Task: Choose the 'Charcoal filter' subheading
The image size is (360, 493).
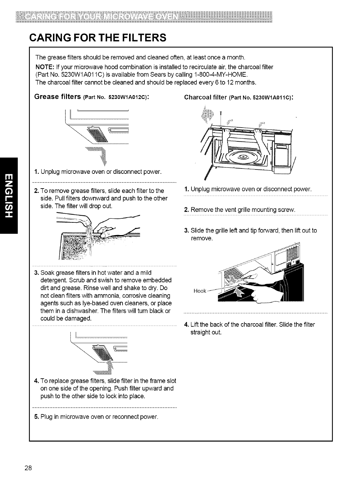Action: tap(205, 98)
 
